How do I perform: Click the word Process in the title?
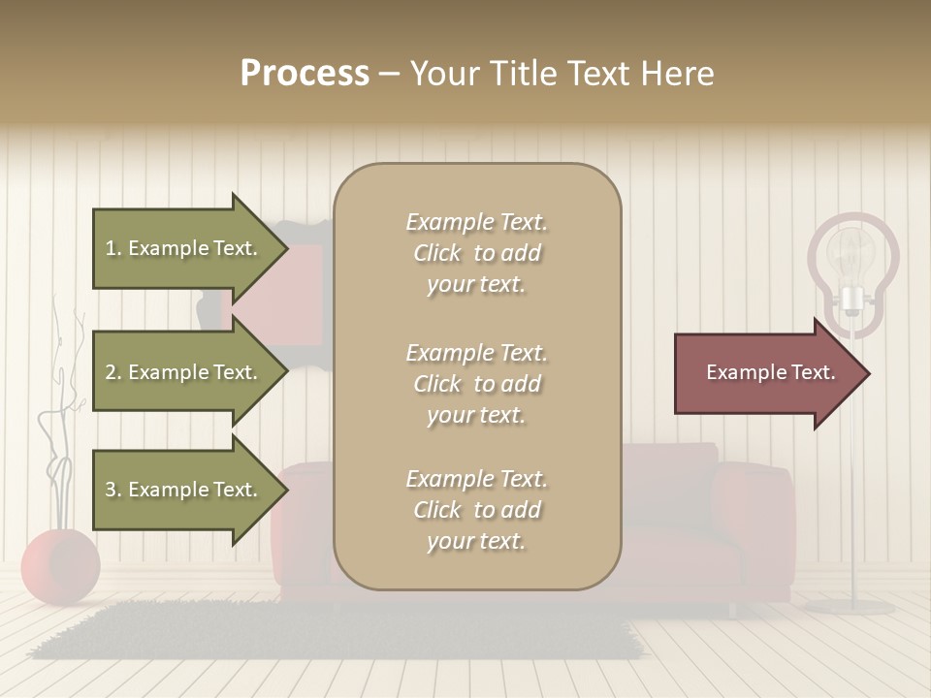pos(305,74)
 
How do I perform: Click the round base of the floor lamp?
pos(851,607)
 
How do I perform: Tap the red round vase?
pos(60,566)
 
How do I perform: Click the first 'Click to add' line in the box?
pos(476,254)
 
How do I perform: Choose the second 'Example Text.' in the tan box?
pos(476,353)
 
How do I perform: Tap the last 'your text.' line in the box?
pos(476,542)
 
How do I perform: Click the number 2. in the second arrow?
pos(113,372)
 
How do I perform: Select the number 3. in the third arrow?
pos(113,490)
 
